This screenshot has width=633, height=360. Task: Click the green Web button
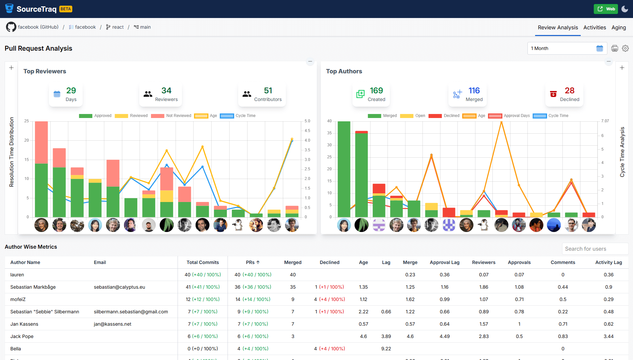click(606, 9)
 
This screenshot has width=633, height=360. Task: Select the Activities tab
click(594, 28)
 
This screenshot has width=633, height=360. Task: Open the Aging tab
click(618, 28)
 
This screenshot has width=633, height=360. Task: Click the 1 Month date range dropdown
click(567, 48)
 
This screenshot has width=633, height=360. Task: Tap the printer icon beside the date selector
click(615, 48)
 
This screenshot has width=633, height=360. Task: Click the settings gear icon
click(625, 48)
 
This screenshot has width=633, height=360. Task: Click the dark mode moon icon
click(625, 9)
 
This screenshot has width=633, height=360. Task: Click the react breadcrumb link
click(118, 27)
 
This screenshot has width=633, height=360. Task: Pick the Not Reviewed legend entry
click(171, 116)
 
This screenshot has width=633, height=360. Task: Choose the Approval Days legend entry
click(509, 116)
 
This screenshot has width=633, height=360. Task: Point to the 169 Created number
click(376, 91)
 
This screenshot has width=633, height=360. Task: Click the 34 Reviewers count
click(166, 91)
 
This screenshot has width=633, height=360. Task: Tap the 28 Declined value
click(569, 91)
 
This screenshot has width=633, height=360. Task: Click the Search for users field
click(595, 249)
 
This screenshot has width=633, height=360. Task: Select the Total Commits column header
click(203, 262)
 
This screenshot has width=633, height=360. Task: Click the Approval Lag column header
click(444, 262)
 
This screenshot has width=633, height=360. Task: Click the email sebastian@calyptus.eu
click(119, 287)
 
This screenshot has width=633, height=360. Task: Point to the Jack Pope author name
click(22, 336)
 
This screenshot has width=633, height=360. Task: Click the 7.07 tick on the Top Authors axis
click(605, 121)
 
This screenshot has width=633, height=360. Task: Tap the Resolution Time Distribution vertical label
click(12, 152)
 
